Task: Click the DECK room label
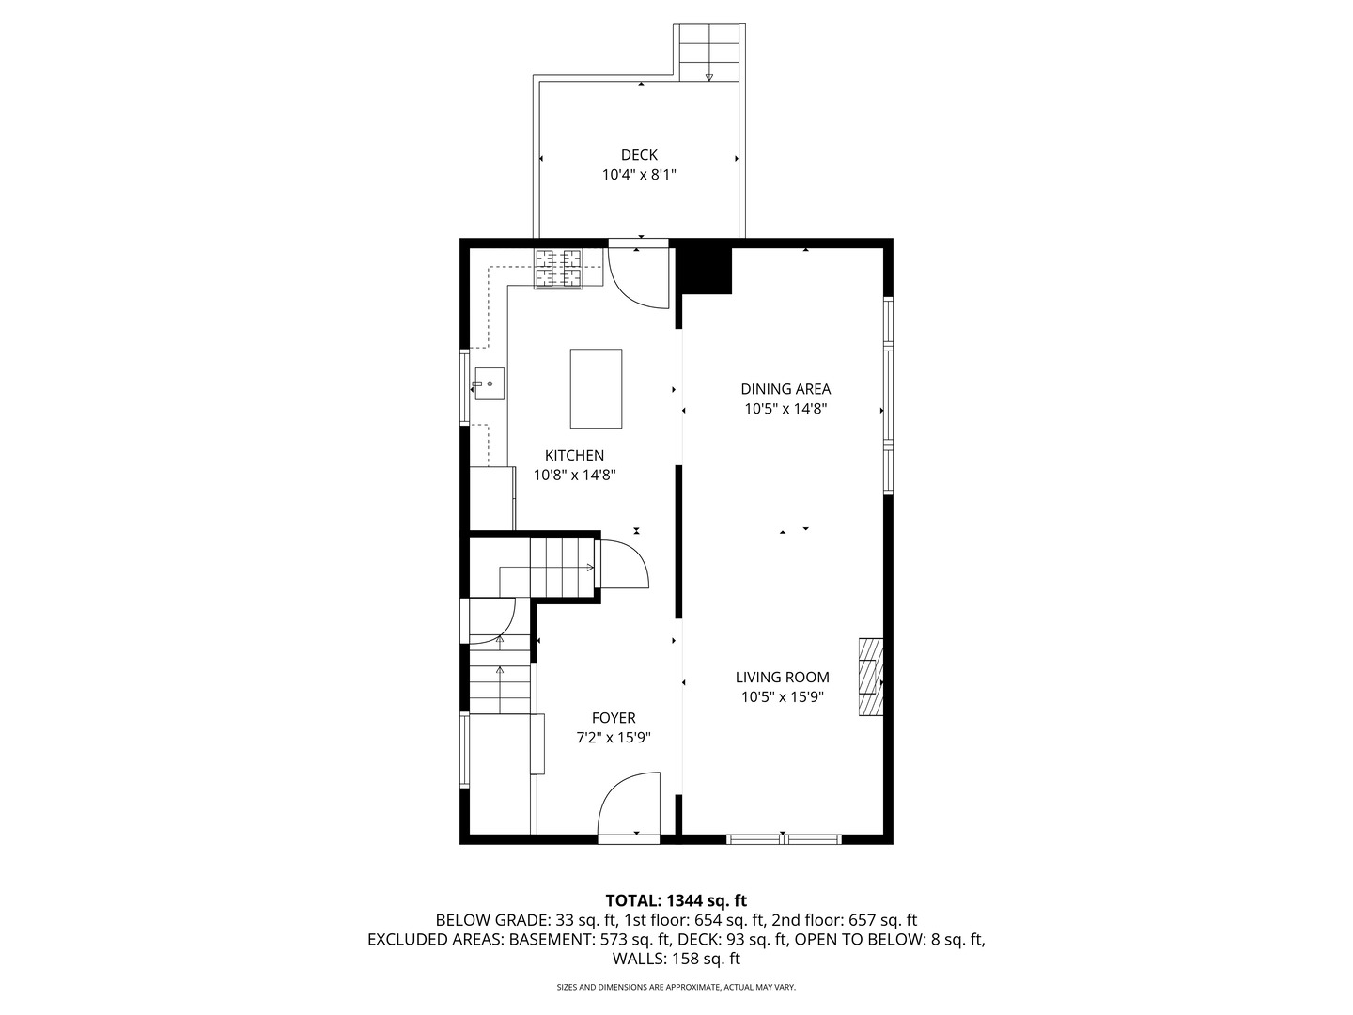(x=639, y=155)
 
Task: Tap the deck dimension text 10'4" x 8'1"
(x=639, y=175)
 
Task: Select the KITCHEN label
(x=574, y=455)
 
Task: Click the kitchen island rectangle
(x=596, y=388)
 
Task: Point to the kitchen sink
(x=489, y=383)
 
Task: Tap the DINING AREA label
(x=785, y=389)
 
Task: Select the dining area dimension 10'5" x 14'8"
(x=785, y=409)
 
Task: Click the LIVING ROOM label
(x=782, y=677)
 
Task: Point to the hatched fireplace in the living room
(x=870, y=678)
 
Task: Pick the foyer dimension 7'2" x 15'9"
(x=613, y=738)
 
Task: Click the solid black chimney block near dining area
(x=705, y=269)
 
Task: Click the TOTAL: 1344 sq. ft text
(x=676, y=901)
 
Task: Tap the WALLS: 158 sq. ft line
(x=676, y=959)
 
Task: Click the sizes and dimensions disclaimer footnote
(x=676, y=988)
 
